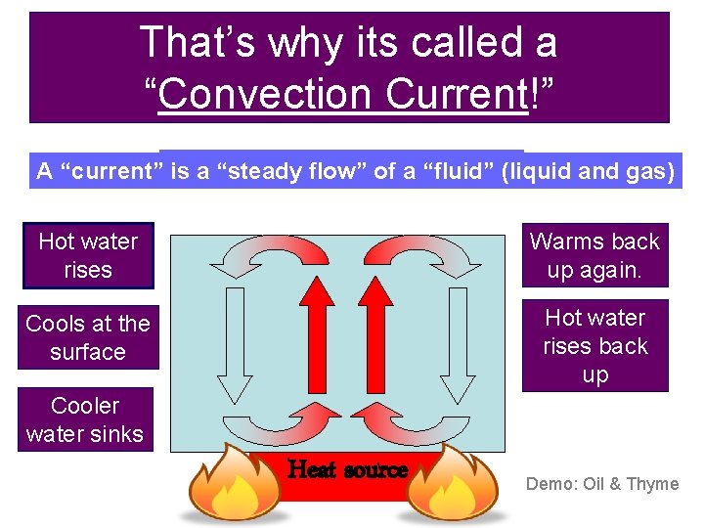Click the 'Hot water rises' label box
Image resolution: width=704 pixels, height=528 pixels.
[88, 255]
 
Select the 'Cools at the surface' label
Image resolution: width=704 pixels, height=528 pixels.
[88, 337]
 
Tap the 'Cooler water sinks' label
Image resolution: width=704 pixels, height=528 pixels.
[85, 419]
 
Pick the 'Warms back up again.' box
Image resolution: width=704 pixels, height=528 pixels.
[594, 255]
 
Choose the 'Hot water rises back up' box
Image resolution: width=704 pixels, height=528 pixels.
[594, 346]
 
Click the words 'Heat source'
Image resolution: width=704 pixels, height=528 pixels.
[348, 470]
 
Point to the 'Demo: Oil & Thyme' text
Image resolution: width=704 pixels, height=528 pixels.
[602, 483]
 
